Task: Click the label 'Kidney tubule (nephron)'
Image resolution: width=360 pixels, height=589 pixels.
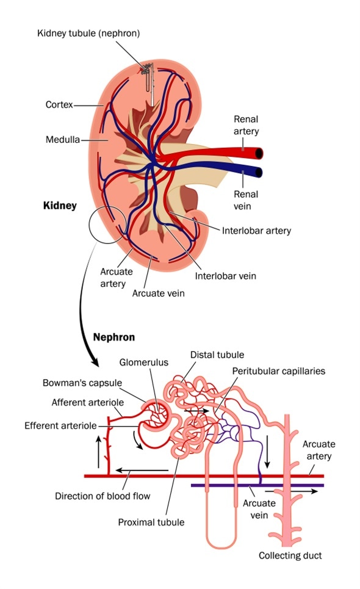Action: [87, 33]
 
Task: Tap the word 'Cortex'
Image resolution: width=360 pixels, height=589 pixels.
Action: [59, 105]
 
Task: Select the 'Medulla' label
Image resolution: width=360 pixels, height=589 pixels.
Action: [63, 140]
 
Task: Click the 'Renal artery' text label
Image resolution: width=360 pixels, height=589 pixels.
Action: [246, 125]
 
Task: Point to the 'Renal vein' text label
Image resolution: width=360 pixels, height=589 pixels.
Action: [246, 200]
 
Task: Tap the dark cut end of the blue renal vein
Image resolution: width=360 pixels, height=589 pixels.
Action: [259, 172]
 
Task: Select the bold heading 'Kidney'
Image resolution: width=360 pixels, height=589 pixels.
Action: [60, 206]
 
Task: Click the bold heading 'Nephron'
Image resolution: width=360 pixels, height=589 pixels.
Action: [114, 336]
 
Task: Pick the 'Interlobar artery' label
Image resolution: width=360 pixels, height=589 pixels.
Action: [256, 231]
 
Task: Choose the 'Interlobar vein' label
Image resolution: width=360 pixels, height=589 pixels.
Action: [226, 275]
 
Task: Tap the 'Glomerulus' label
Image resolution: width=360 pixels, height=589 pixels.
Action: [144, 362]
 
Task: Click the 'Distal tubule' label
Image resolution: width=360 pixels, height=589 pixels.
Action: [217, 354]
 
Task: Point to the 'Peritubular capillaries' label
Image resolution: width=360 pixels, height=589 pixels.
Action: [278, 370]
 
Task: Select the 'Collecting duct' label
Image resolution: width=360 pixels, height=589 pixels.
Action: [290, 555]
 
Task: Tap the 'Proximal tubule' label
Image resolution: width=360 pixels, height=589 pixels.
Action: [151, 522]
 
